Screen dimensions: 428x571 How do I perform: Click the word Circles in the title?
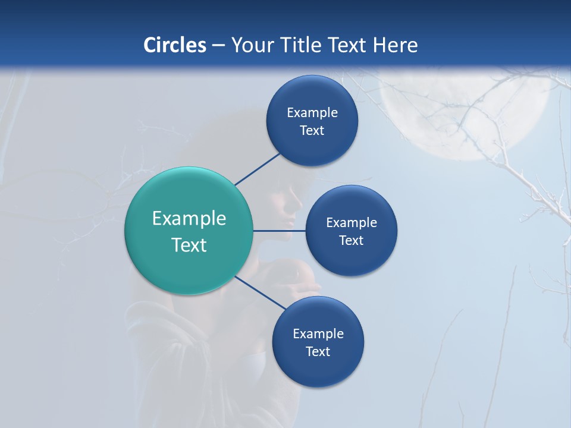point(175,45)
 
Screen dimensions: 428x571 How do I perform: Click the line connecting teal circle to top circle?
point(257,169)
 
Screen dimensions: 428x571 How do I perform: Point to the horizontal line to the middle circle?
point(279,230)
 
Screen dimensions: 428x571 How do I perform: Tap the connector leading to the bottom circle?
point(260,292)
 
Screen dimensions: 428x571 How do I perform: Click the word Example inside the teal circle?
point(189,218)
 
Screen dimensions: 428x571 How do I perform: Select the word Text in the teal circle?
point(189,245)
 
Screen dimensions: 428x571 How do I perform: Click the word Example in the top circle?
point(312,112)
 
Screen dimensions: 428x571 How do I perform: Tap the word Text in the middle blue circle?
point(351,240)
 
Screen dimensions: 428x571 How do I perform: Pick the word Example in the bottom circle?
point(318,333)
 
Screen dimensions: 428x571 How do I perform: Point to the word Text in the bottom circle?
point(318,351)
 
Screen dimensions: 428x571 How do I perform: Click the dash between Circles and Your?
point(218,45)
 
